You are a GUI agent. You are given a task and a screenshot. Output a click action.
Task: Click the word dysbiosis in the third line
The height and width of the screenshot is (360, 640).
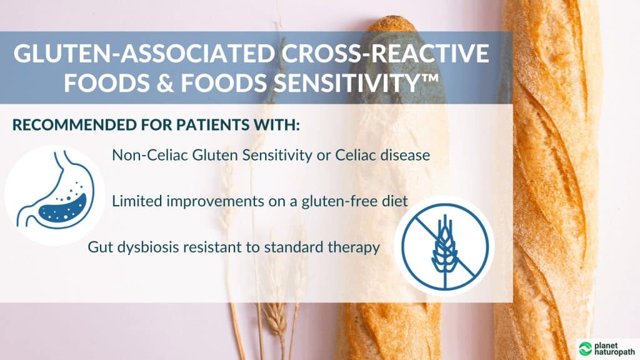141,247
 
